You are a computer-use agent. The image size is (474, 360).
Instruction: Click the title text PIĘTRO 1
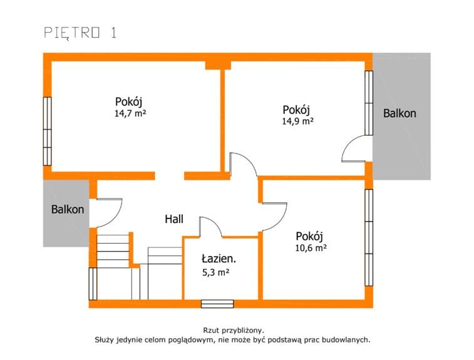coord(80,33)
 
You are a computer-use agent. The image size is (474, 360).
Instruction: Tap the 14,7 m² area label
coord(130,113)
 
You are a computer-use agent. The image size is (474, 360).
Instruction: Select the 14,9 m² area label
coord(298,121)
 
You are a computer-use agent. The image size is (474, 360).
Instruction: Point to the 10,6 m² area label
coord(311,248)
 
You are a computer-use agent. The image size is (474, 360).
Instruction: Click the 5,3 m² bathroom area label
coord(215,272)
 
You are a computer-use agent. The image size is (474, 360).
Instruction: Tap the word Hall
coord(174,219)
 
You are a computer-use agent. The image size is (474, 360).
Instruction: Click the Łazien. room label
coord(219,259)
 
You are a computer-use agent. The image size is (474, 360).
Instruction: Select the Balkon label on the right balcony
coord(399,113)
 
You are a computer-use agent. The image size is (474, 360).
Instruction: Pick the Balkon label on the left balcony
coord(68,209)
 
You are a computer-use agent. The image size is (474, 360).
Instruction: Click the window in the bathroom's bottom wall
coord(217,304)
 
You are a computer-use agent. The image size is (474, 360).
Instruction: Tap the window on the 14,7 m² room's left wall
coord(47,131)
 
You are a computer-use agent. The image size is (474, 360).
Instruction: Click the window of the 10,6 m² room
coord(369,237)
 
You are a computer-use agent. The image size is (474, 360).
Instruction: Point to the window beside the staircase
coord(93,284)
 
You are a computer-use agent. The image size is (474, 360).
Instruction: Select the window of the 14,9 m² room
coord(369,103)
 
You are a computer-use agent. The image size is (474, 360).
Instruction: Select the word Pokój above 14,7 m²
coord(128,101)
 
